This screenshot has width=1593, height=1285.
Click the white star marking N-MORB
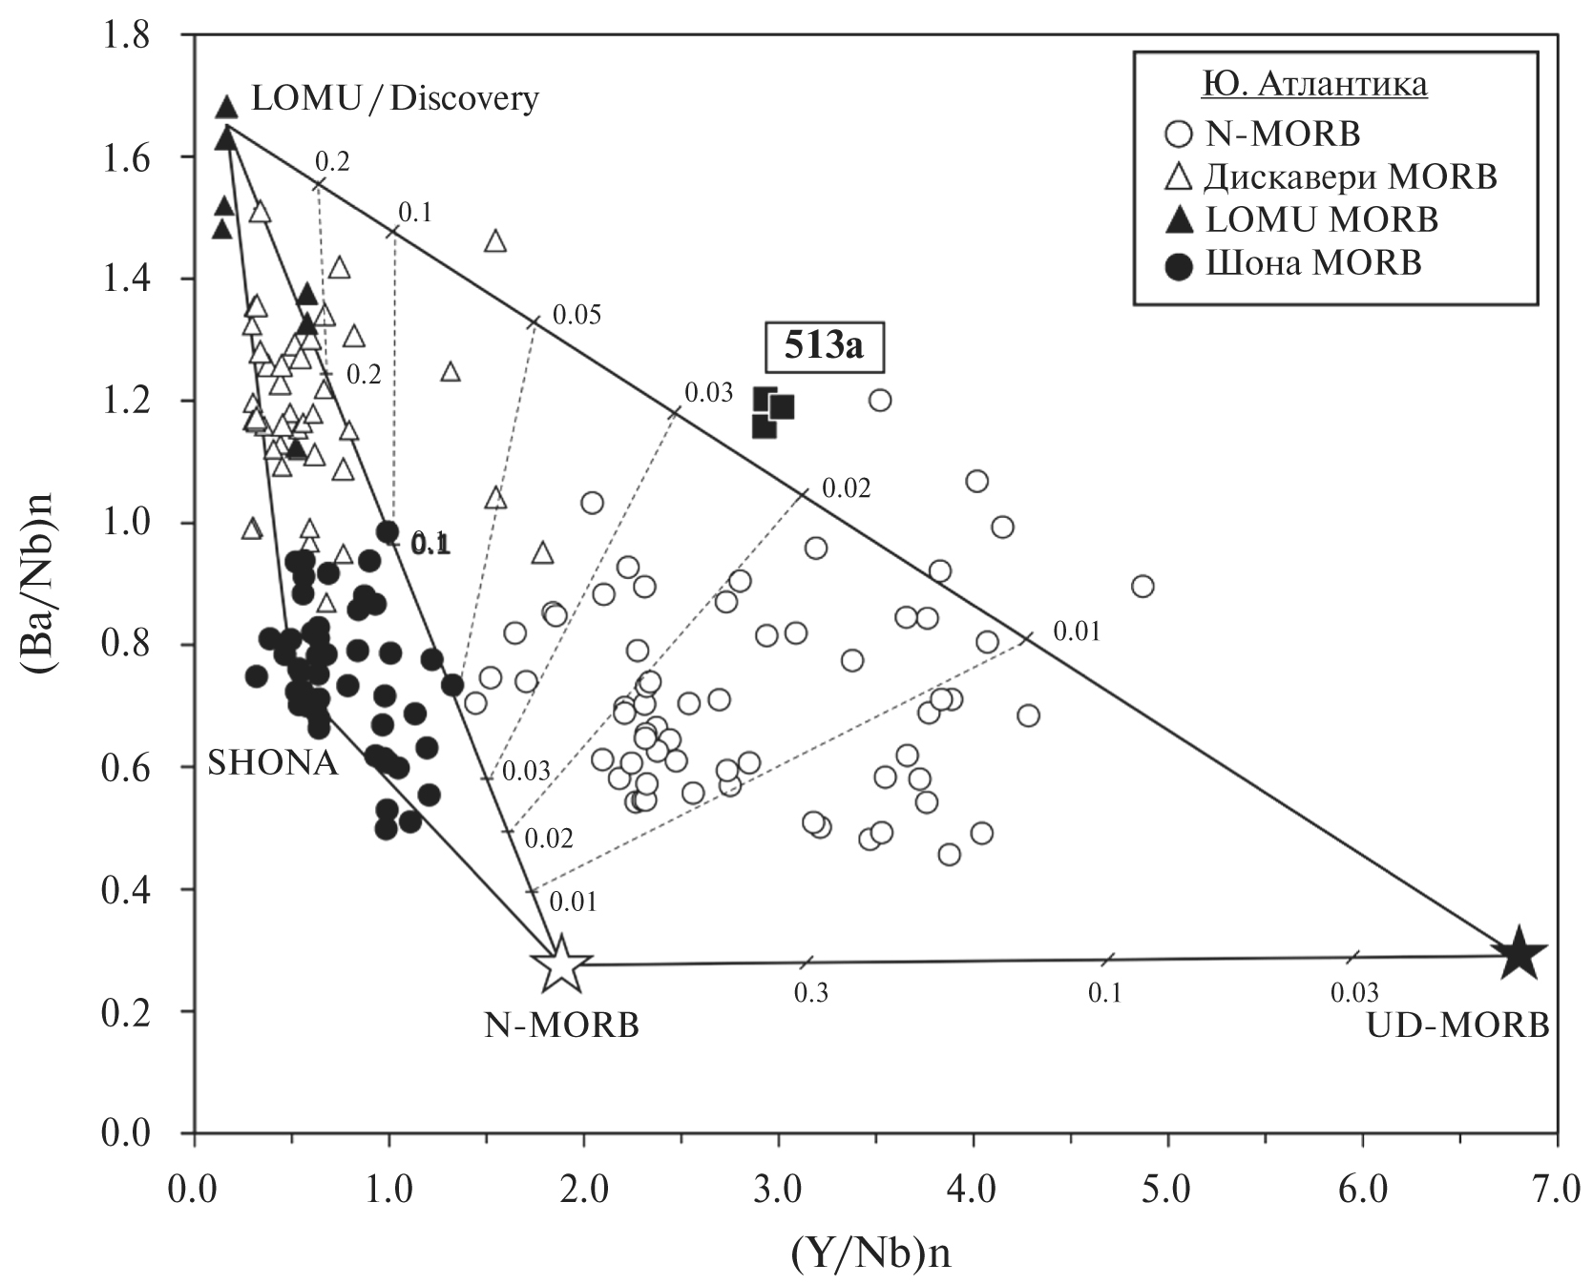[x=560, y=964]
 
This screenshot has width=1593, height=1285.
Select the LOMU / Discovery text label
[x=394, y=98]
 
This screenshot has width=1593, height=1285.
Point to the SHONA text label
[x=272, y=763]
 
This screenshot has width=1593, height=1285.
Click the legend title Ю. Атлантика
[x=1315, y=85]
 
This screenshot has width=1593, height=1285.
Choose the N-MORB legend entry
[x=1265, y=134]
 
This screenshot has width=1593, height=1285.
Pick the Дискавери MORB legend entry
[x=1332, y=176]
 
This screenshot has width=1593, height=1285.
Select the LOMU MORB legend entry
[x=1304, y=219]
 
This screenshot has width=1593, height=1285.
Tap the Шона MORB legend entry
[x=1294, y=263]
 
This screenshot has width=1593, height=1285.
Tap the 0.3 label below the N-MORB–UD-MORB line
[x=811, y=993]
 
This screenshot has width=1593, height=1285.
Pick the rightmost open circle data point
[x=1142, y=586]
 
